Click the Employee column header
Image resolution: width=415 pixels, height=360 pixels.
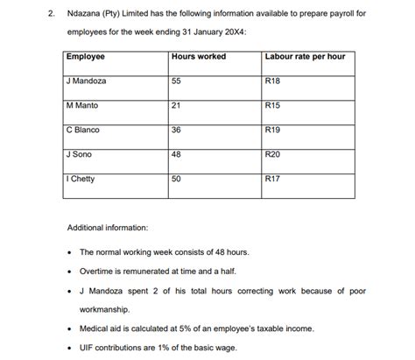pyautogui.click(x=86, y=57)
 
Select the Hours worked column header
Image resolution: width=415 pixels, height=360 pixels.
pyautogui.click(x=199, y=57)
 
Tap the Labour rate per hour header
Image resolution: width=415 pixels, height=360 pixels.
pyautogui.click(x=304, y=57)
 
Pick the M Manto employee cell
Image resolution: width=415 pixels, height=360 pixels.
pyautogui.click(x=83, y=105)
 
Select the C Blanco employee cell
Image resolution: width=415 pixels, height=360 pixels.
pyautogui.click(x=84, y=130)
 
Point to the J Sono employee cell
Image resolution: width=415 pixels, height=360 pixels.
pyautogui.click(x=80, y=154)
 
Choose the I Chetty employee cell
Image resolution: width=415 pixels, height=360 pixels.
pyautogui.click(x=81, y=179)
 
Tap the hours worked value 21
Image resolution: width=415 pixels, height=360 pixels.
pyautogui.click(x=177, y=105)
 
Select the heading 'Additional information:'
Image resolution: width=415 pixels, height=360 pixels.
pyautogui.click(x=108, y=228)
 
